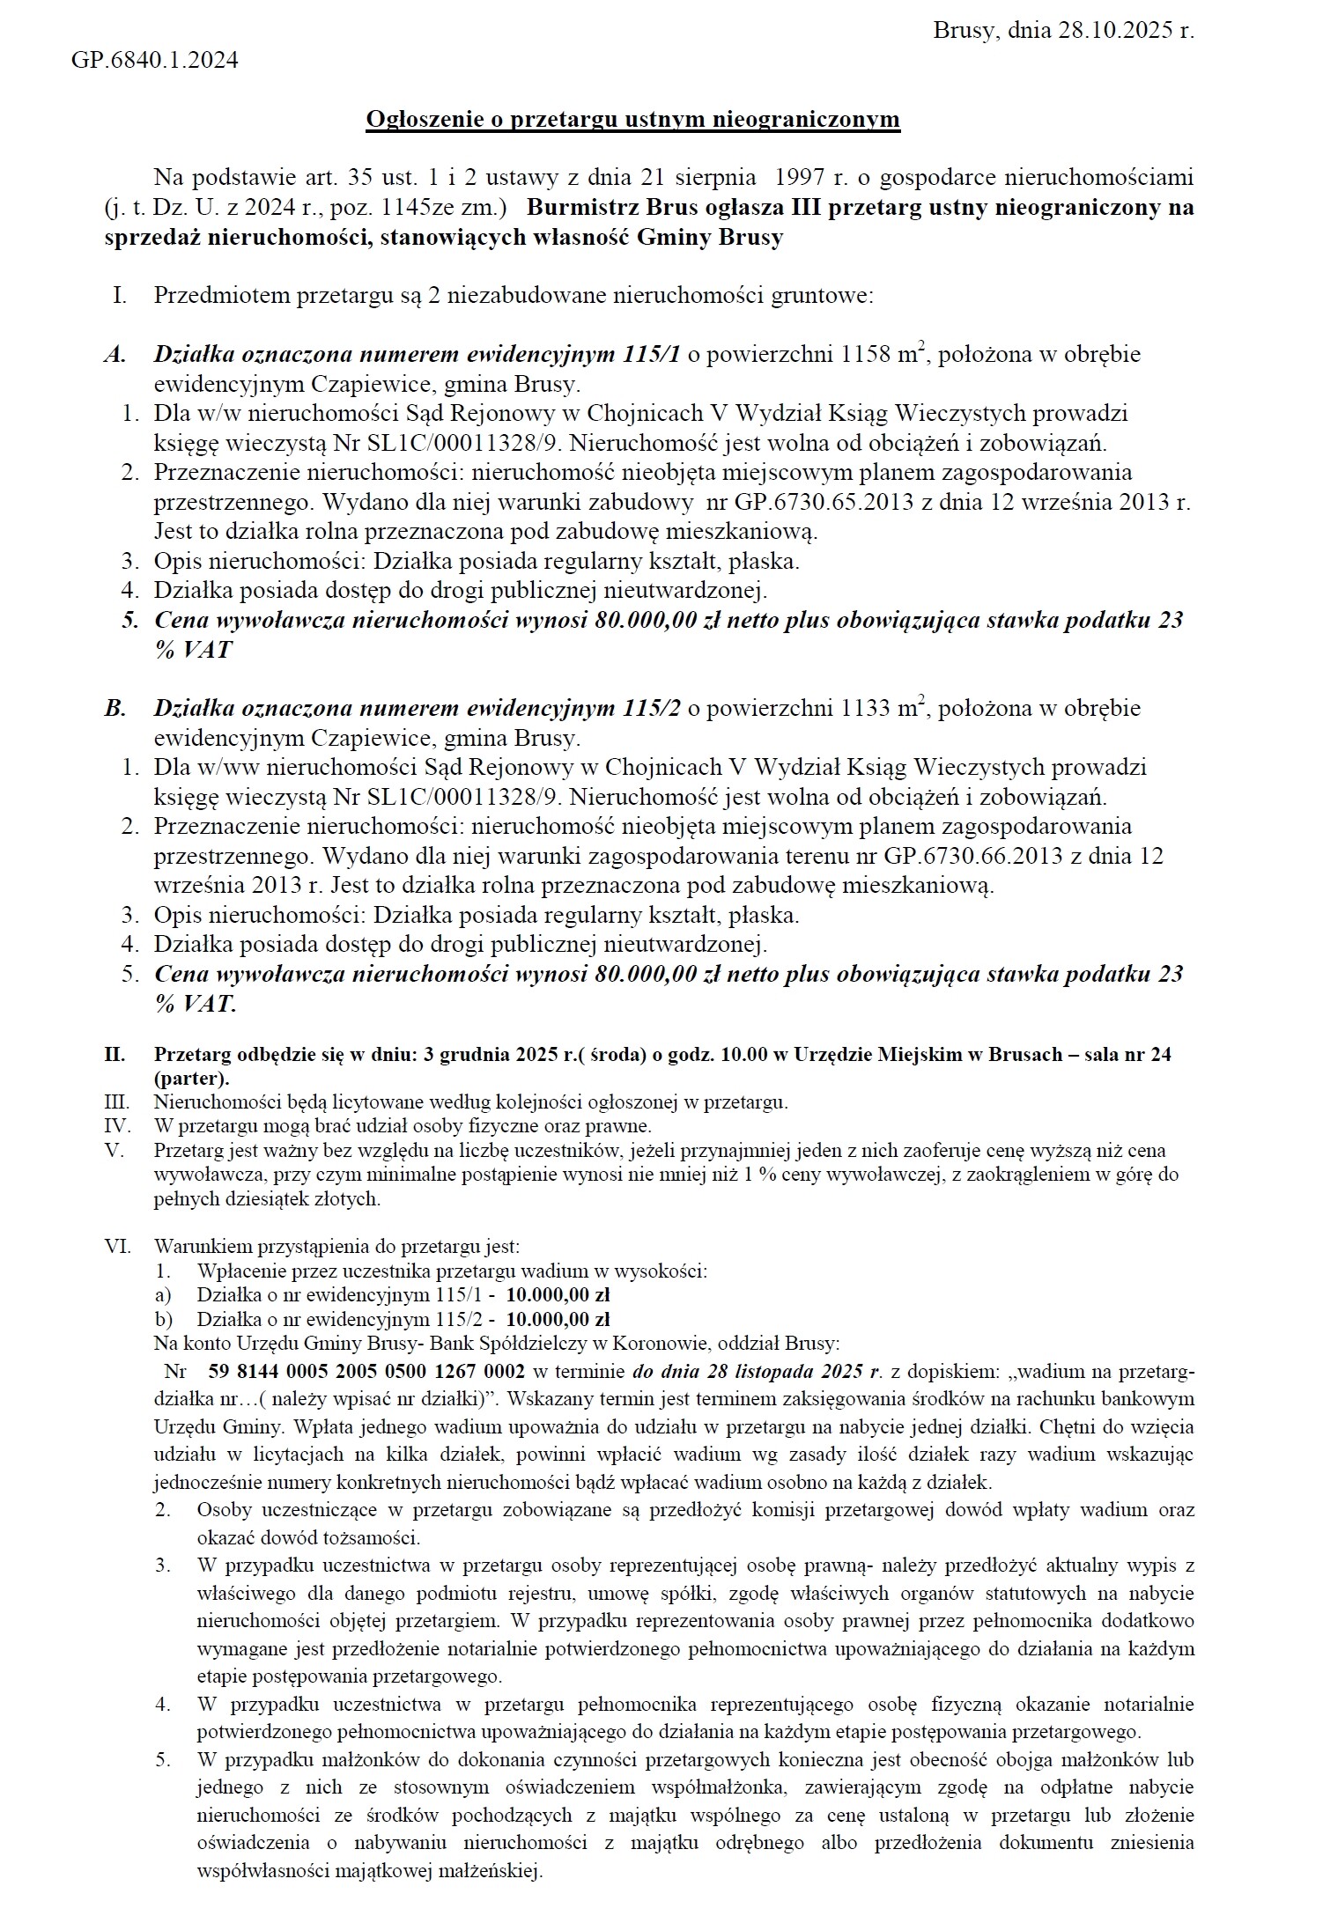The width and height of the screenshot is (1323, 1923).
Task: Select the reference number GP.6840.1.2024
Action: (x=154, y=61)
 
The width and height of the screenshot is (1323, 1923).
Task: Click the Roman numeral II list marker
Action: (x=115, y=1055)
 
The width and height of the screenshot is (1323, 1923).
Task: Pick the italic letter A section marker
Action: (x=115, y=356)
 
